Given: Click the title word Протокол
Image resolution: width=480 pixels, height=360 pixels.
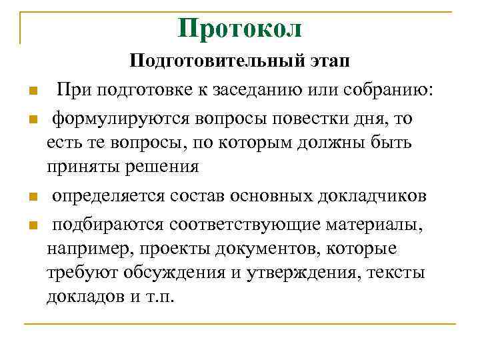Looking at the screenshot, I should pyautogui.click(x=240, y=28).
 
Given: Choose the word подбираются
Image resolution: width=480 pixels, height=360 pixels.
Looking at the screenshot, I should pyautogui.click(x=107, y=225).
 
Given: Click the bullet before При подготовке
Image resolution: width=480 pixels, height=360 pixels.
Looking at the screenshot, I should pyautogui.click(x=31, y=91).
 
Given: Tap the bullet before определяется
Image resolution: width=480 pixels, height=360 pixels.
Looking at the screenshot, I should pyautogui.click(x=31, y=197).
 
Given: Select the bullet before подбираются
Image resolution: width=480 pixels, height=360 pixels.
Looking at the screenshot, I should pyautogui.click(x=31, y=225).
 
